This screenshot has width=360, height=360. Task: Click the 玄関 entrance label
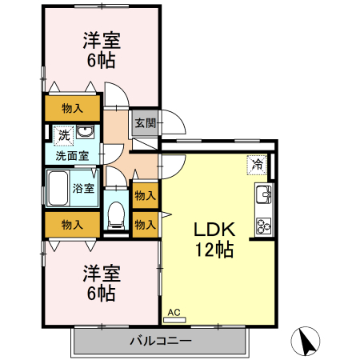(x=145, y=123)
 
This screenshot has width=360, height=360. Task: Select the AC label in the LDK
(x=174, y=313)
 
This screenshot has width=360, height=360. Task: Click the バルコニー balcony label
(x=160, y=342)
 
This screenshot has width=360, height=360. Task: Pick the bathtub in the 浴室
(x=58, y=190)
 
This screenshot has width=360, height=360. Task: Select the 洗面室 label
(x=71, y=155)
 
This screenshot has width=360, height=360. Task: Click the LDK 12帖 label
(x=214, y=238)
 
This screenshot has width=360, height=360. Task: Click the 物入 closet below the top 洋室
(x=72, y=108)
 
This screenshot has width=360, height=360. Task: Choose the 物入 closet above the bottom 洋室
(x=72, y=225)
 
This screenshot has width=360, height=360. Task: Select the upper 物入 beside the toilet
(x=145, y=195)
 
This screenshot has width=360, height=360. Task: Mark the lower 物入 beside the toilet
(x=145, y=224)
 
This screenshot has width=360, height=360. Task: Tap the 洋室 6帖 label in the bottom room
(x=101, y=282)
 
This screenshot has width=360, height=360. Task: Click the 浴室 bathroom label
(x=84, y=189)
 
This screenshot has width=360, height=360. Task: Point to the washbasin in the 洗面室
(x=89, y=134)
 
